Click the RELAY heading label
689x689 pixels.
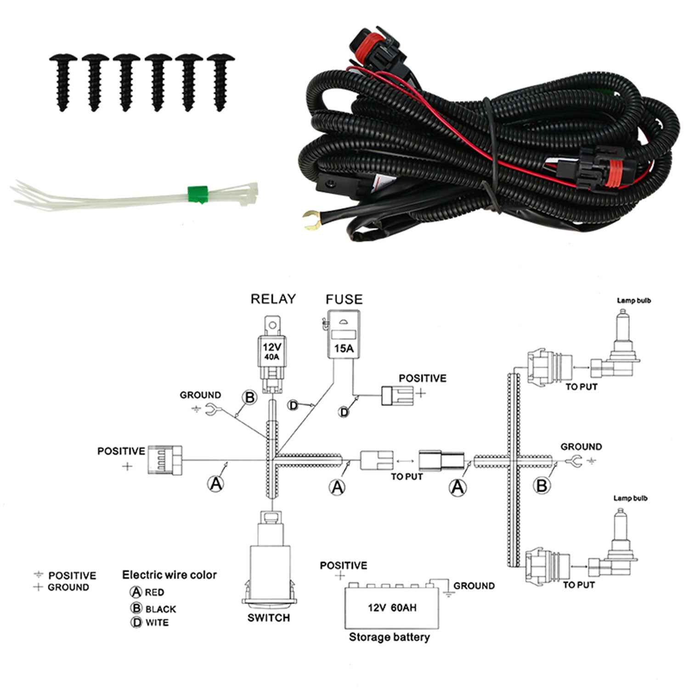pyautogui.click(x=273, y=299)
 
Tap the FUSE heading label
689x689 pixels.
pyautogui.click(x=344, y=299)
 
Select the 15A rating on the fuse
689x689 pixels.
pyautogui.click(x=344, y=349)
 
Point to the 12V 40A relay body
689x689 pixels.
pyautogui.click(x=272, y=351)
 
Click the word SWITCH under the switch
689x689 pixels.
pyautogui.click(x=269, y=618)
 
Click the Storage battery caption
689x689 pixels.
pyautogui.click(x=390, y=637)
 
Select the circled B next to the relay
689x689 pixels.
pyautogui.click(x=250, y=397)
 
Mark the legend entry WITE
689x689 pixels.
pyautogui.click(x=157, y=623)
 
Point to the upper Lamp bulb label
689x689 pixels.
pyautogui.click(x=634, y=300)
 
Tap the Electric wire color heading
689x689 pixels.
pyautogui.click(x=169, y=575)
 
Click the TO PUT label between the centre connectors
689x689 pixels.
pyautogui.click(x=407, y=477)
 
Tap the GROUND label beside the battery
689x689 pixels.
pyautogui.click(x=474, y=586)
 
